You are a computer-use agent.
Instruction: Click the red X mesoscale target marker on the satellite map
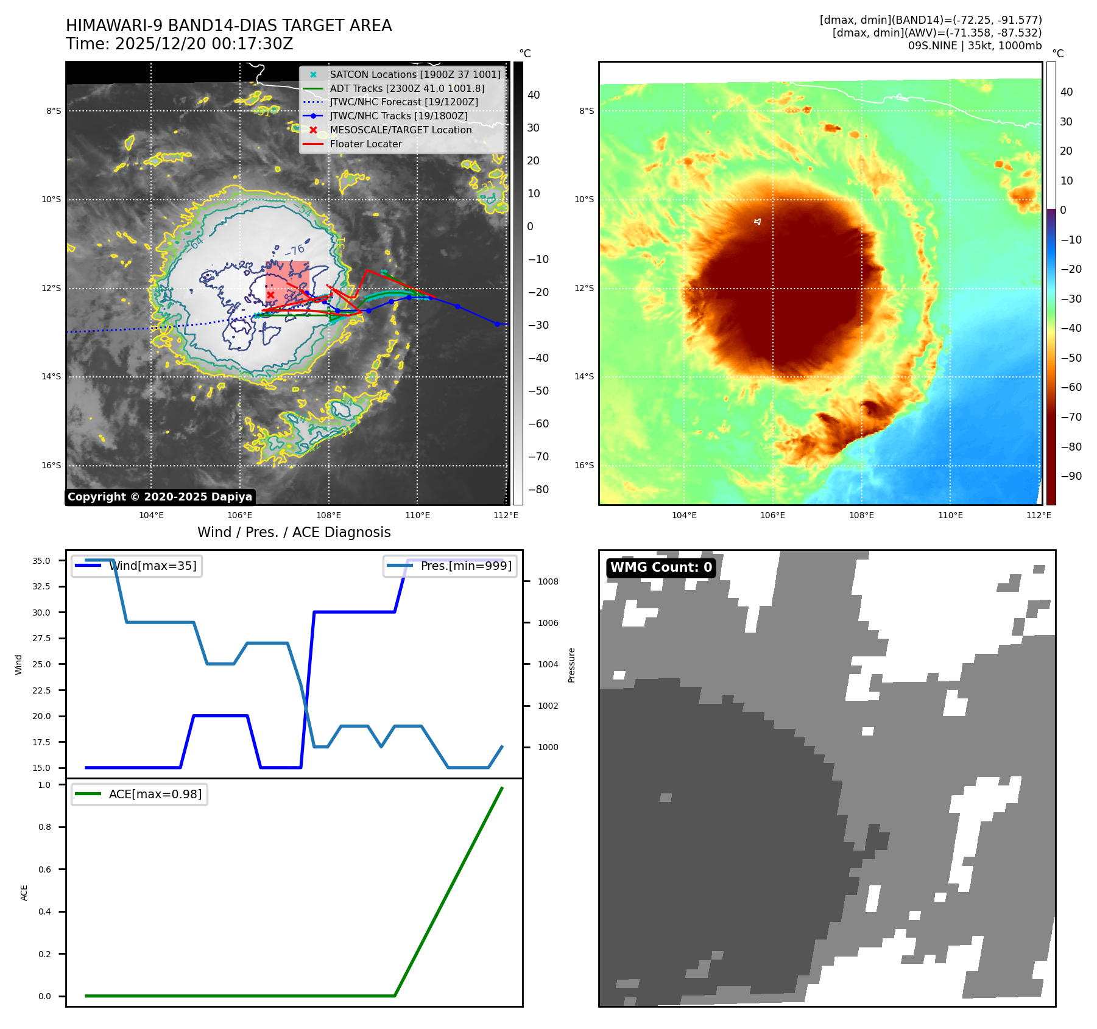(270, 295)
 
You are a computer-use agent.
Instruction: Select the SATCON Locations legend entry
(415, 74)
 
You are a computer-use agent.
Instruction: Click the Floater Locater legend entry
(365, 144)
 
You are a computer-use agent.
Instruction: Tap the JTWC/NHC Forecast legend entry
(403, 102)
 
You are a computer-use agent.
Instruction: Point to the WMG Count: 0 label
(661, 567)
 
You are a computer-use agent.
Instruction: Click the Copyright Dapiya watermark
(160, 497)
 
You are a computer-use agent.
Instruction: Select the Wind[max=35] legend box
(136, 566)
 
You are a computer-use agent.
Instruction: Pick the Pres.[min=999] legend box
(450, 566)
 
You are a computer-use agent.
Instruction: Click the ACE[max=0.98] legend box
(139, 795)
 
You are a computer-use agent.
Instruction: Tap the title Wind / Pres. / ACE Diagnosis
(294, 533)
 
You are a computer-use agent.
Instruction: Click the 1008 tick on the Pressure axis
(548, 581)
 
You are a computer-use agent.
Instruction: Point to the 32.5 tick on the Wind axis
(41, 586)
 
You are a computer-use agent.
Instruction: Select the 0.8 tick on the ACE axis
(44, 827)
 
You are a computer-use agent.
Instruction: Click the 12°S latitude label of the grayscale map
(51, 288)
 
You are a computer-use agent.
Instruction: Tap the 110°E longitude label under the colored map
(950, 515)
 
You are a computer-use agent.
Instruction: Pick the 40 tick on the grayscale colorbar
(534, 95)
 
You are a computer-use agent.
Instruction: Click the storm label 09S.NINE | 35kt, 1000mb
(975, 46)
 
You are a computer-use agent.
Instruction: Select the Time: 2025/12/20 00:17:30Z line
(180, 44)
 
